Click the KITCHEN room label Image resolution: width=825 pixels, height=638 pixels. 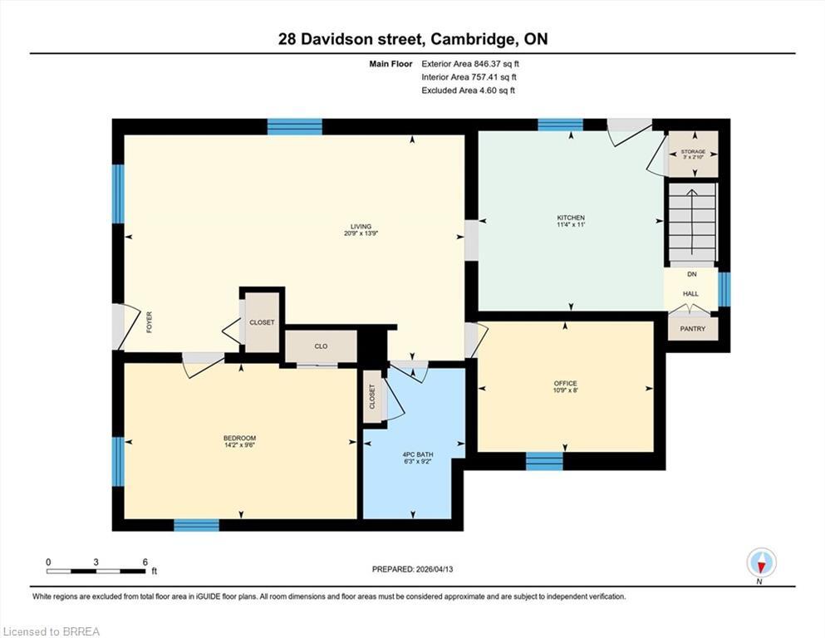pos(570,218)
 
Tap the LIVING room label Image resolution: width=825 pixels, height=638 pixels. pos(361,226)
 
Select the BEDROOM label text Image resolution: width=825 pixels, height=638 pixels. pos(239,439)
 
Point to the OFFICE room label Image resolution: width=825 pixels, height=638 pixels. pos(565,384)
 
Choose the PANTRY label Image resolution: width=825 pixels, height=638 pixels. pos(692,329)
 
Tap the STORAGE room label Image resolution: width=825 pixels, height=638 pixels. pos(693,152)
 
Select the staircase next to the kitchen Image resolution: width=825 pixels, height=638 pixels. pos(691,223)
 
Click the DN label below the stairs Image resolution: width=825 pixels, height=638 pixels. pos(691,274)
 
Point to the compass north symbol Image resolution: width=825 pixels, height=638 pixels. pos(761,563)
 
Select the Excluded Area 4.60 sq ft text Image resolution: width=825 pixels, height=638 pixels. pos(468,90)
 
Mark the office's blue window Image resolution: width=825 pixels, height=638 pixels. pos(544,461)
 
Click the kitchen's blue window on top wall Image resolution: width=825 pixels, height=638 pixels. pos(560,125)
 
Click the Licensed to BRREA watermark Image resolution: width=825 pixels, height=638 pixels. pos(52,631)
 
